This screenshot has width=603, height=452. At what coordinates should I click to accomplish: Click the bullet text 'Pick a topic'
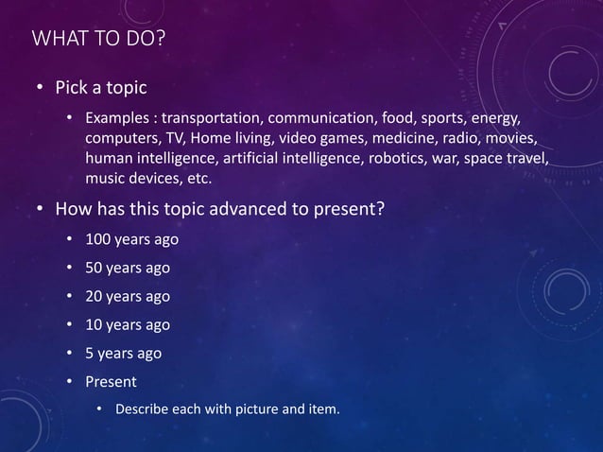pos(101,89)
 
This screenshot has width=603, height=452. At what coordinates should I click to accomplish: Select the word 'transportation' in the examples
pos(210,120)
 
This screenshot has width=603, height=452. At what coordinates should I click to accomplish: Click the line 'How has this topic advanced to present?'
pos(219,209)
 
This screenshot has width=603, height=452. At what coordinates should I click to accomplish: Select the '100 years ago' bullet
pos(131,238)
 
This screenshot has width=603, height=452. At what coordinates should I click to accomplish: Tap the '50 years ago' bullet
pos(128,268)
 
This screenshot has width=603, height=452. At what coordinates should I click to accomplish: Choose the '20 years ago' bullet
pos(128,296)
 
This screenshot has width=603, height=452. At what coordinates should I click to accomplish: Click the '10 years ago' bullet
pos(128,324)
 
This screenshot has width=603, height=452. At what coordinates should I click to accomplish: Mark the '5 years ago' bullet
pos(124,354)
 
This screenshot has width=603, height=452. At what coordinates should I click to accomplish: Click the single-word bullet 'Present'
pos(111,382)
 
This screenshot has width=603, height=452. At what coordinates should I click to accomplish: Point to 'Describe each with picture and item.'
pos(227,409)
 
